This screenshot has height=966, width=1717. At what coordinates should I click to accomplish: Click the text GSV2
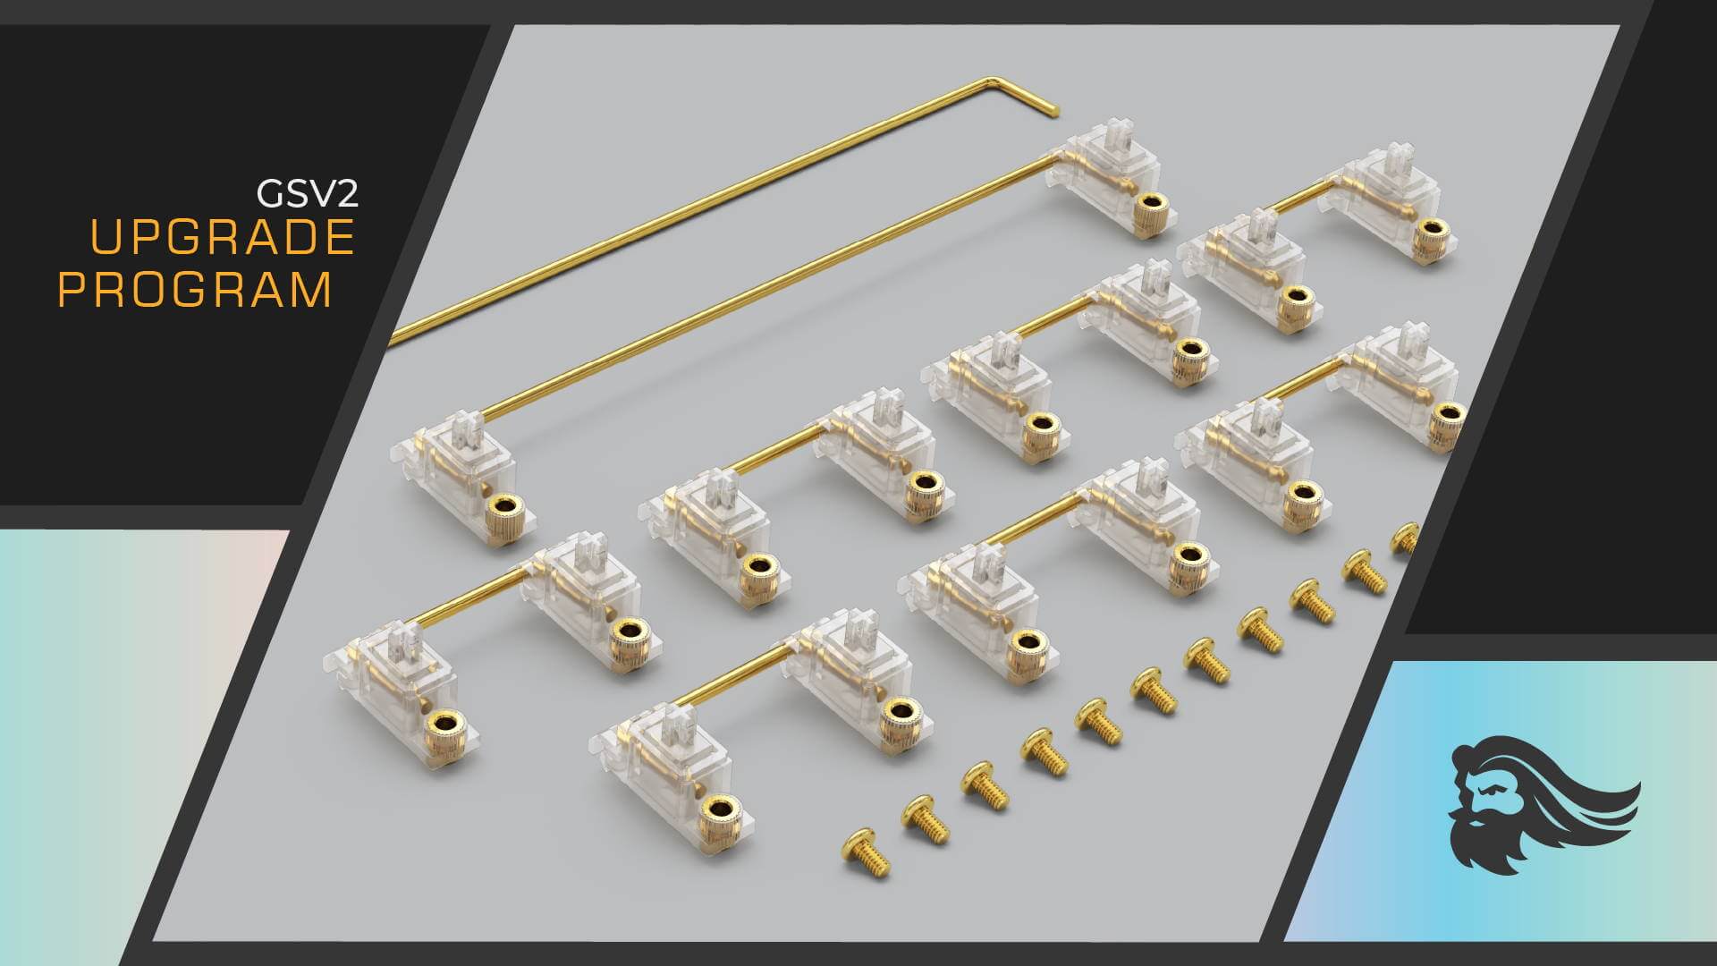pyautogui.click(x=307, y=192)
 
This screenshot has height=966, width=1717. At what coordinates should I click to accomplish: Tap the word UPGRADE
pyautogui.click(x=223, y=237)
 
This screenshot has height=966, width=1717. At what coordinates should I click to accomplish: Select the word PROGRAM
pyautogui.click(x=195, y=290)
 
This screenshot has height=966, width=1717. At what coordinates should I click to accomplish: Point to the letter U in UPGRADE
pyautogui.click(x=107, y=237)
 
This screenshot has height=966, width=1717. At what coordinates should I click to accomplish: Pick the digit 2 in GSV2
pyautogui.click(x=346, y=193)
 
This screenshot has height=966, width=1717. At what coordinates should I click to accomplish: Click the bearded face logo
pyautogui.click(x=1544, y=804)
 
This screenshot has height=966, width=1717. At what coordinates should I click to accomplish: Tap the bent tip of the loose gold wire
pyautogui.click(x=1053, y=110)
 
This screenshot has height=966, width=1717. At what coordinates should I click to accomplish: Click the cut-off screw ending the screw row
pyautogui.click(x=1406, y=538)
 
